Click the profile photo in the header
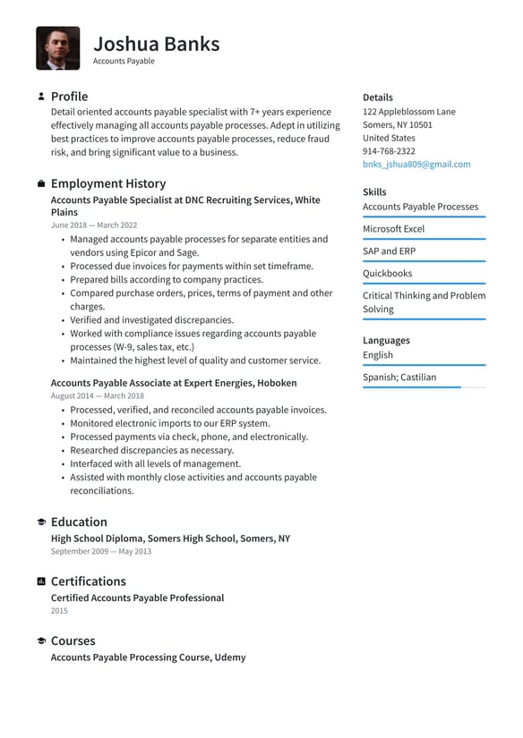tap(57, 48)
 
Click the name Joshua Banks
tap(156, 43)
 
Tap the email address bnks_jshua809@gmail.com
tap(416, 165)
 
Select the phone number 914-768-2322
tap(389, 151)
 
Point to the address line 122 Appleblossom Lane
tap(408, 112)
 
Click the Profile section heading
tap(69, 97)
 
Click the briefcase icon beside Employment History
tap(41, 183)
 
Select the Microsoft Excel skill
tap(393, 229)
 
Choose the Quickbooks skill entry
tap(387, 274)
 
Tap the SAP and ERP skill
tap(389, 251)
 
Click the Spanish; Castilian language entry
tap(399, 377)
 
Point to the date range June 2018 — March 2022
tap(94, 225)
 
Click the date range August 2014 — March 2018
tap(97, 395)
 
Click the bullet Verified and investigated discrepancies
tap(151, 320)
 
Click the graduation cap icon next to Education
tap(41, 522)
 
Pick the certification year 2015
tap(59, 611)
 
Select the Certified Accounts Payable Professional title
tap(137, 598)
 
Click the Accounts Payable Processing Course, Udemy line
tap(148, 657)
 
